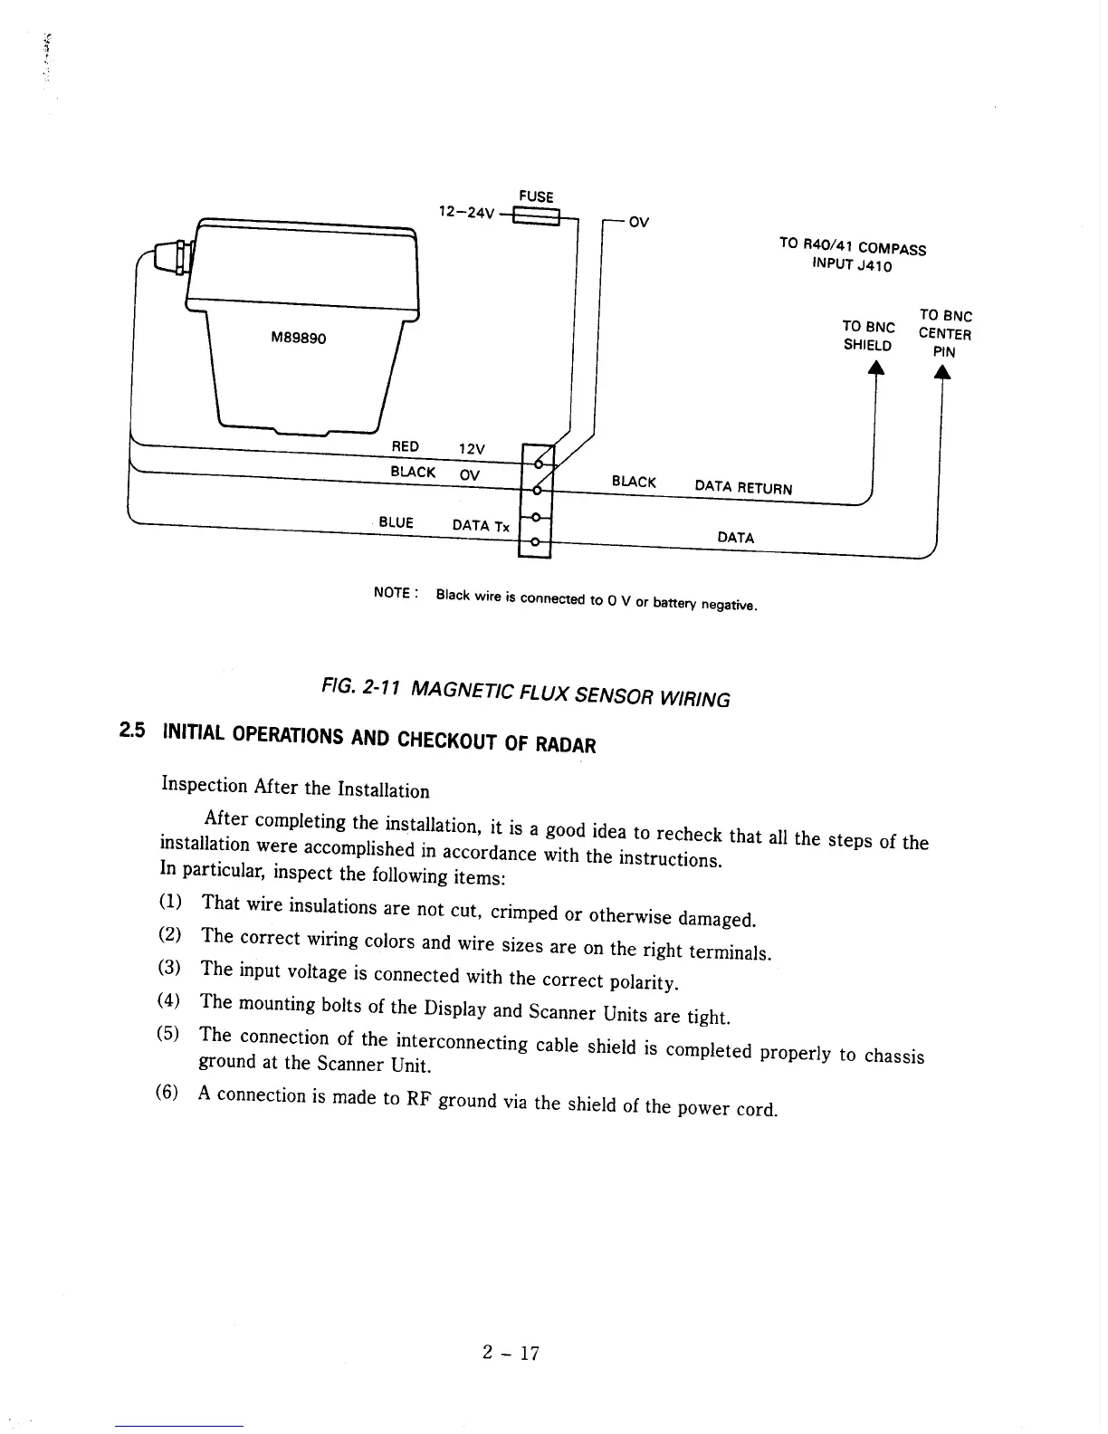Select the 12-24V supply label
coord(467,213)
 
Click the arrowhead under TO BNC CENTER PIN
coord(942,373)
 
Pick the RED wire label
coord(405,446)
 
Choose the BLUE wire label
coord(396,522)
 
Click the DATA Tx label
coord(481,526)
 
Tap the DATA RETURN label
coord(743,488)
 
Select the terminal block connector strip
coord(536,502)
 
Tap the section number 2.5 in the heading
coord(131,729)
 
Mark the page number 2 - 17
coord(511,1353)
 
